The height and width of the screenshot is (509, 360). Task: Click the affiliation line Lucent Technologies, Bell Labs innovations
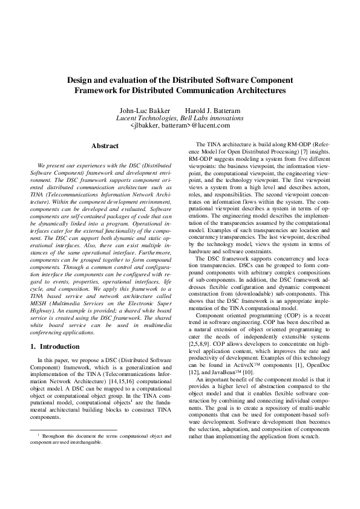(x=180, y=118)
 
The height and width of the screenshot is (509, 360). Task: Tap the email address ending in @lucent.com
(x=180, y=126)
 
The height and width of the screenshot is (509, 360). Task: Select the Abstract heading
(x=104, y=146)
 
